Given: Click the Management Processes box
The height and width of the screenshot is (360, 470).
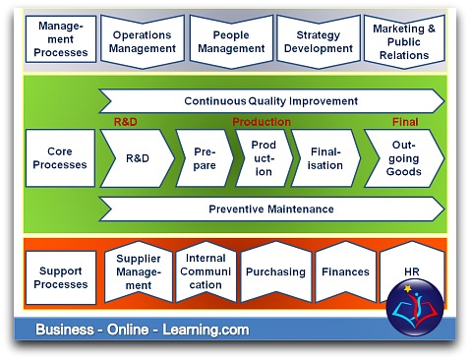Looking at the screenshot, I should point(61,40).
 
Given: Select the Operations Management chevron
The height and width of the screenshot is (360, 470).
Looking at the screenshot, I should point(142,41).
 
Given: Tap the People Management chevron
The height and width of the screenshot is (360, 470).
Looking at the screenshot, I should point(229,41).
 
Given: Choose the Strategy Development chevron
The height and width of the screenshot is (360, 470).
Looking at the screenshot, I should point(318,41).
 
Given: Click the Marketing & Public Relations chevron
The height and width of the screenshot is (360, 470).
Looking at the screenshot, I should point(404,41).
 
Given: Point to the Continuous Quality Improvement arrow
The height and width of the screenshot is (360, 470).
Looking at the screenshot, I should point(270,101).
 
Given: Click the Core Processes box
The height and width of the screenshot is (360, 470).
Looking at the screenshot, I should point(60,158).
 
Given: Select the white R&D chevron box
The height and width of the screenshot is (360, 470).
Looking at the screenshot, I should point(137,158).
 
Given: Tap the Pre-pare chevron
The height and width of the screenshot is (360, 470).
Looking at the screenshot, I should point(204,158).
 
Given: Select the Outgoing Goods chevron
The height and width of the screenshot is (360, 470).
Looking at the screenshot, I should point(403,158).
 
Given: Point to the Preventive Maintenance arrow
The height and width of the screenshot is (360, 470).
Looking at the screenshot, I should point(270,209).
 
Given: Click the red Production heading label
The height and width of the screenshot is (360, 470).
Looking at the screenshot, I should point(261,122).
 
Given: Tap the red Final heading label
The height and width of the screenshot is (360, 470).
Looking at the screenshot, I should point(406,122).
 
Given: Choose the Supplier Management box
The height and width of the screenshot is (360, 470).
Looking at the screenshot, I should point(139,272).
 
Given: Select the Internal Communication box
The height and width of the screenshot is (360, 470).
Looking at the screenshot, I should point(206,271).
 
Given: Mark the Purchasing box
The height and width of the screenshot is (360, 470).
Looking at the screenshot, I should point(275,271).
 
